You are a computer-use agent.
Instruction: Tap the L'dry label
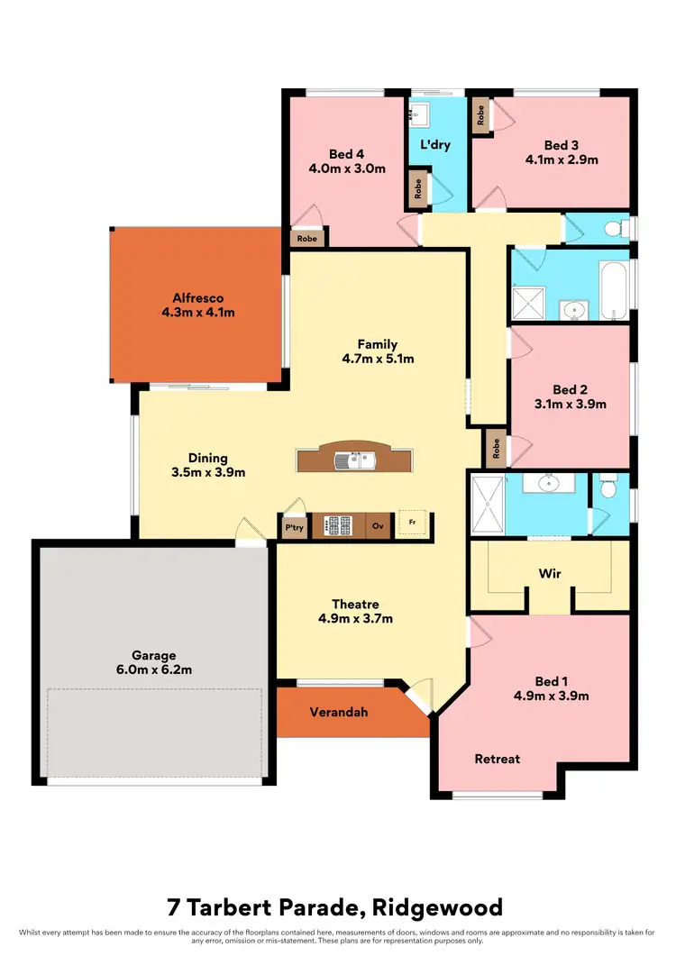[x=434, y=144]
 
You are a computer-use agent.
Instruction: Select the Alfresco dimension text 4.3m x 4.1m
[x=197, y=313]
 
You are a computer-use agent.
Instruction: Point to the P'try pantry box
[x=294, y=527]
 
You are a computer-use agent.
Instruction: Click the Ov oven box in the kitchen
[x=379, y=527]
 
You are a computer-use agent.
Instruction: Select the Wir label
[x=551, y=572]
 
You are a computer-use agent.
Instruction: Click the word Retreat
[x=497, y=759]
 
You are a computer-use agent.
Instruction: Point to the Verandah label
[x=338, y=712]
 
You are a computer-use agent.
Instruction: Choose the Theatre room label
[x=354, y=604]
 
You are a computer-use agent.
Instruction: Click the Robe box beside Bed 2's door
[x=496, y=447]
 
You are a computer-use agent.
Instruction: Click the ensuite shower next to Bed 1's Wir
[x=488, y=505]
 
